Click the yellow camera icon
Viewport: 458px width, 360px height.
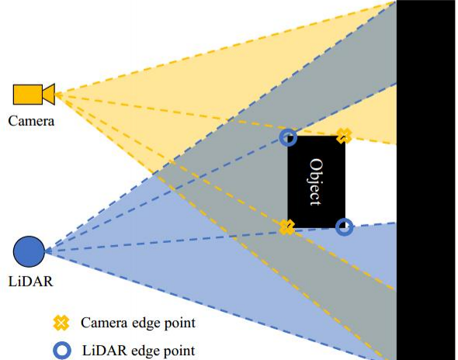coord(34,95)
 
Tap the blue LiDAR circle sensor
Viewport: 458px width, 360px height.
coord(29,251)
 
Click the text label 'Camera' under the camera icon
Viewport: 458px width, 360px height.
coord(31,121)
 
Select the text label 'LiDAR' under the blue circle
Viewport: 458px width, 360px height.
coord(31,282)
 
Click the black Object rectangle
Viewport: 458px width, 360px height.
coord(317,182)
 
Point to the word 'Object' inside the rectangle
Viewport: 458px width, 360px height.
coord(316,182)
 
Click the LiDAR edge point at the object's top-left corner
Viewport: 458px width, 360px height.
coord(288,137)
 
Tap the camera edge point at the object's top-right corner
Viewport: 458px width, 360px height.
coord(344,136)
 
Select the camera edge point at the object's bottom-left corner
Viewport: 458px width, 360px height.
coord(287,227)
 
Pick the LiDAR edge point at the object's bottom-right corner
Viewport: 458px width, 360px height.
coord(344,227)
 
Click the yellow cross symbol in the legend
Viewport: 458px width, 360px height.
coord(61,323)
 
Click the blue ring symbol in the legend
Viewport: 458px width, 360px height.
coord(62,351)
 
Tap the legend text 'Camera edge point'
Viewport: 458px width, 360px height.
coord(138,324)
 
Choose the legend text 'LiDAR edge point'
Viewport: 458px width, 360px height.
coord(139,351)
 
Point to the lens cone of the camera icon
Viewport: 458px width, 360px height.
coord(49,95)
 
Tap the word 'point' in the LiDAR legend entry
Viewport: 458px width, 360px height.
coord(179,351)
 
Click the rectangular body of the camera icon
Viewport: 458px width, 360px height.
coord(28,95)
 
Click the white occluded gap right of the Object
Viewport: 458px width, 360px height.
coord(370,182)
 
